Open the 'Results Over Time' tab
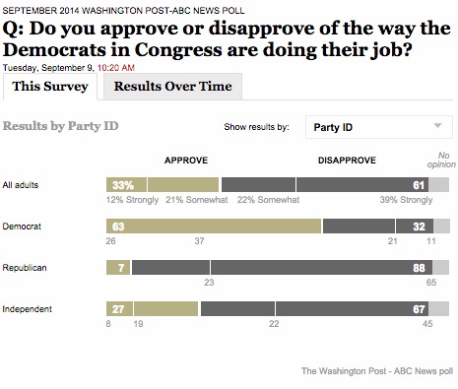172,87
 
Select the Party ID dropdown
376,127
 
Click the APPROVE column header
185,160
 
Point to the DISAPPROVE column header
346,160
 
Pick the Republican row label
27,267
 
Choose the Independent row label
29,308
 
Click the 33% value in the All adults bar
123,184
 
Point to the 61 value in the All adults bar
418,184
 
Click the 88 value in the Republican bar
418,267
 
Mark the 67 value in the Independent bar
418,308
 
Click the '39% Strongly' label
405,200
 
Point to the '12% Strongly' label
130,200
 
